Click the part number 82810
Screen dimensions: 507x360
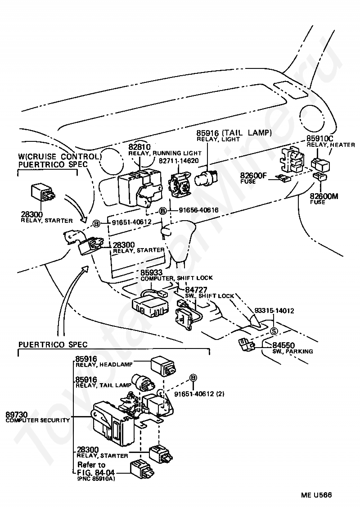[x=139, y=147]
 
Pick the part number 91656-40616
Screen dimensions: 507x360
[x=198, y=210]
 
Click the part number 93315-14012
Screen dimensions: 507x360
[x=274, y=311]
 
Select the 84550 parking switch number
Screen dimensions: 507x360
[x=283, y=345]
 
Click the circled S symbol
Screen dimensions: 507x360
[x=273, y=331]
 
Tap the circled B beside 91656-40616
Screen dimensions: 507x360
[x=163, y=211]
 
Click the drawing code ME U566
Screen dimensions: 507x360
[x=316, y=495]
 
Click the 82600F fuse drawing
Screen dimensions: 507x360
[x=284, y=179]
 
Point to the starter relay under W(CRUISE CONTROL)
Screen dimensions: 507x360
[x=43, y=192]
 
